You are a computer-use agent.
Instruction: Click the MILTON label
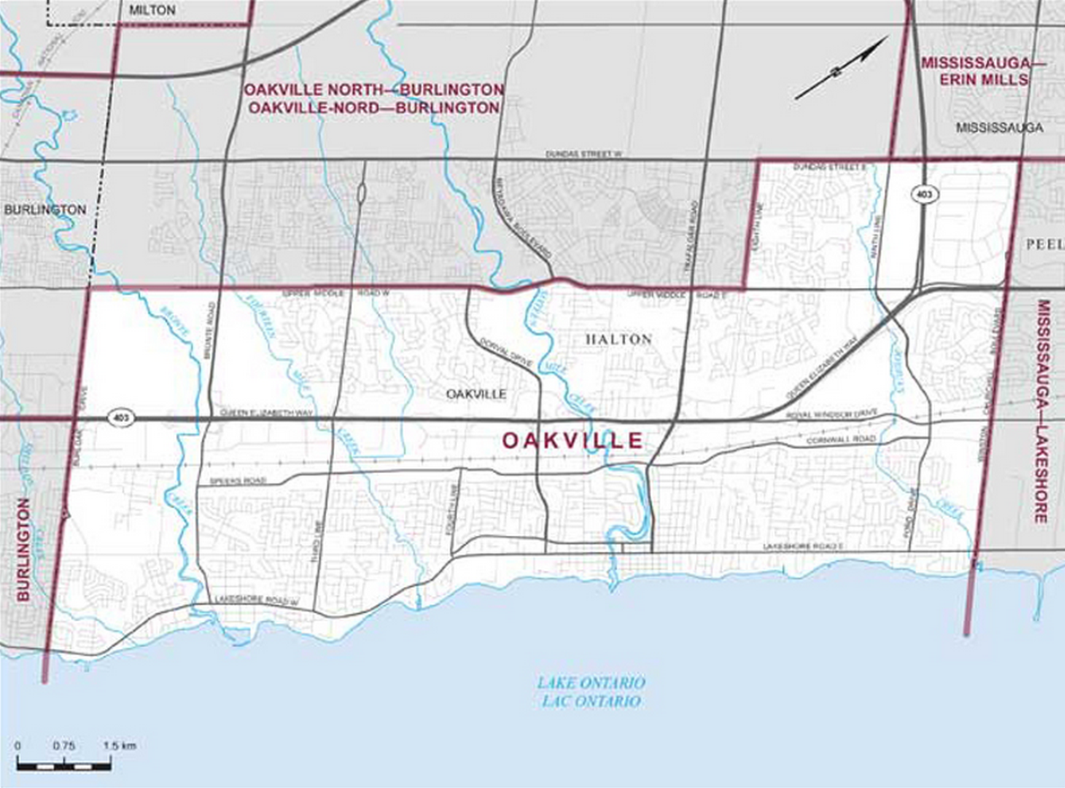coord(153,11)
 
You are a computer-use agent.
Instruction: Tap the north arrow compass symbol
coord(841,68)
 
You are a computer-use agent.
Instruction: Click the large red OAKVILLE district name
coord(571,441)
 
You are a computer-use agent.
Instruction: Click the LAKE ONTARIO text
coord(591,683)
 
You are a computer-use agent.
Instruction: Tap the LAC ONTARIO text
coord(591,701)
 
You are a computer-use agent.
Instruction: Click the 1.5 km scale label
coord(119,746)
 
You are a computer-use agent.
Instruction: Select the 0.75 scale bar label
coord(63,746)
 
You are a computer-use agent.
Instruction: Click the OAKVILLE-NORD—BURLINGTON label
coord(373,108)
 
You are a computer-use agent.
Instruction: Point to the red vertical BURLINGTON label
coord(23,550)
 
